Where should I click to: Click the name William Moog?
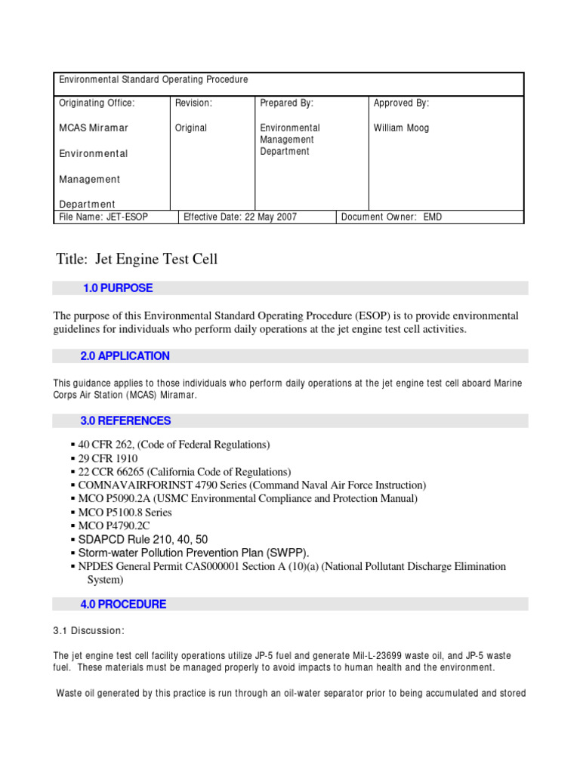(401, 128)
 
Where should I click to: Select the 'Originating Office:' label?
(97, 103)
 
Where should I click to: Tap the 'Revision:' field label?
(193, 103)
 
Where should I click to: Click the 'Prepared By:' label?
(286, 103)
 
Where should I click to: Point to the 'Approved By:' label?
(401, 103)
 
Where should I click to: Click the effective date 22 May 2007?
(240, 217)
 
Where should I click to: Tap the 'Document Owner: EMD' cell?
(392, 217)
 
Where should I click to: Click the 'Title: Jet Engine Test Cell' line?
(137, 260)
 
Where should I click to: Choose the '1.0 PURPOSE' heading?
(117, 288)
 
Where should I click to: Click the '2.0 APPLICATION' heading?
(125, 356)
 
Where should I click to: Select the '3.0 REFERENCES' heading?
(125, 421)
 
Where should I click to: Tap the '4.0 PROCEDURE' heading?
(123, 605)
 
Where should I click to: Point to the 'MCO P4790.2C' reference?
(115, 525)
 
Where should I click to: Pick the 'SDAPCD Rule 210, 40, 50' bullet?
(143, 539)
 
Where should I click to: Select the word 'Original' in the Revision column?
(191, 128)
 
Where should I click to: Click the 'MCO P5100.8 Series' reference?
(125, 513)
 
